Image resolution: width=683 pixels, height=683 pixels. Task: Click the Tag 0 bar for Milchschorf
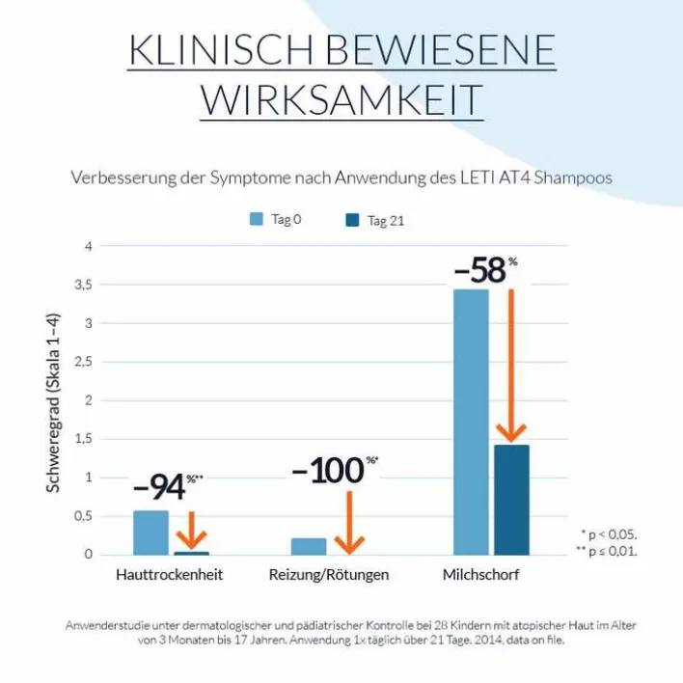tap(471, 422)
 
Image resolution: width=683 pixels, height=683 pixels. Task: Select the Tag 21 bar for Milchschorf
tap(511, 499)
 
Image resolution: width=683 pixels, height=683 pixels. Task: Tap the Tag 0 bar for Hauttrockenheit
tap(150, 532)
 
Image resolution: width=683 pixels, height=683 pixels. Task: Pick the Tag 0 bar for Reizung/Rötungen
tap(309, 546)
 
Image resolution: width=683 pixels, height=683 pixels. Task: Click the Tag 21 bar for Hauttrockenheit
tap(191, 553)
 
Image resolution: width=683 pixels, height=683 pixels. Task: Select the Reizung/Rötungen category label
tap(329, 575)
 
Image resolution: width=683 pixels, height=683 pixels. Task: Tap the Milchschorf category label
tap(486, 575)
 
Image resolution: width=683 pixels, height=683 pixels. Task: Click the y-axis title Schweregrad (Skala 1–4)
tap(55, 401)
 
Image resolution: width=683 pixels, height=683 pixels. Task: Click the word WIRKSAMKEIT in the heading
tap(341, 99)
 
